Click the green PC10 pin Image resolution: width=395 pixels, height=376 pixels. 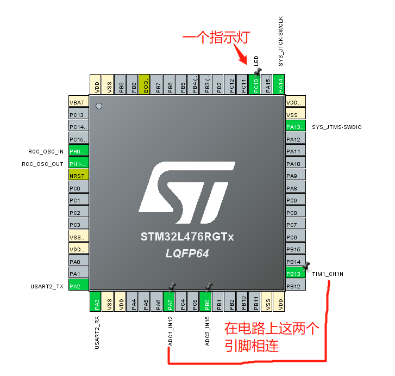pyautogui.click(x=254, y=85)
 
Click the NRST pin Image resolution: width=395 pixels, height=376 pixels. pyautogui.click(x=78, y=175)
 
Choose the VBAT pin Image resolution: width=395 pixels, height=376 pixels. pyautogui.click(x=78, y=102)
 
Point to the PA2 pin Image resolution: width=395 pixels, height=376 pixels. pyautogui.click(x=78, y=286)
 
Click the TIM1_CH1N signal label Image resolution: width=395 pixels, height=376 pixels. pyautogui.click(x=328, y=274)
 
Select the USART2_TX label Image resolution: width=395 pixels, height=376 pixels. pyautogui.click(x=47, y=286)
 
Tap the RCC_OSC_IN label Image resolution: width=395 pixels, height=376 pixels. pyautogui.click(x=46, y=151)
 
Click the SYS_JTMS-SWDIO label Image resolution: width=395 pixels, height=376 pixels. pyautogui.click(x=336, y=127)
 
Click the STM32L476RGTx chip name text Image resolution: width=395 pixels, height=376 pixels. pyautogui.click(x=187, y=237)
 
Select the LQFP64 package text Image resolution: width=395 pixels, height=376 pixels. pyautogui.click(x=187, y=254)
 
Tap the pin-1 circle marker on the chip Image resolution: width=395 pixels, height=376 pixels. pyautogui.click(x=98, y=106)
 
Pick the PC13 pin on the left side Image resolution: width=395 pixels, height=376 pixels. pyautogui.click(x=78, y=115)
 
